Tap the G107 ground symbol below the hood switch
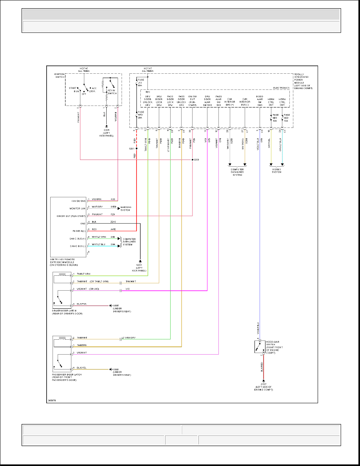(x=264, y=380)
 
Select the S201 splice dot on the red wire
(x=136, y=149)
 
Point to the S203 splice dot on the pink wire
(x=192, y=160)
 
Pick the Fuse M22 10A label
(x=287, y=118)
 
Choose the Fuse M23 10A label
(x=276, y=118)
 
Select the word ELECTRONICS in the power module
(x=281, y=87)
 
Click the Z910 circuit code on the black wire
(x=113, y=223)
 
